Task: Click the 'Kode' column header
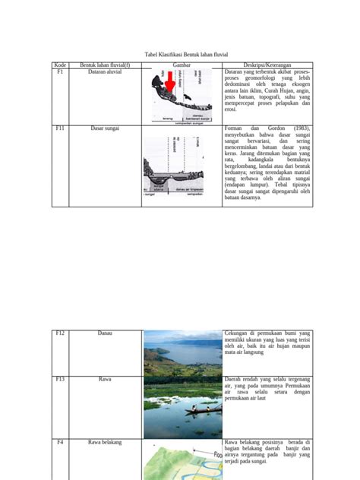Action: (60, 65)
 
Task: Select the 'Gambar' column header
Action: (181, 65)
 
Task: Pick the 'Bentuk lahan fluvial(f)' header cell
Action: (105, 65)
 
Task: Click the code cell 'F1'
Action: (60, 72)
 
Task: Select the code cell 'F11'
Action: (60, 129)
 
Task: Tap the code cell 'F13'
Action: (60, 378)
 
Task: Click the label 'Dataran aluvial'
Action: (105, 72)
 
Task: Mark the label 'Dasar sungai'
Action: (105, 129)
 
